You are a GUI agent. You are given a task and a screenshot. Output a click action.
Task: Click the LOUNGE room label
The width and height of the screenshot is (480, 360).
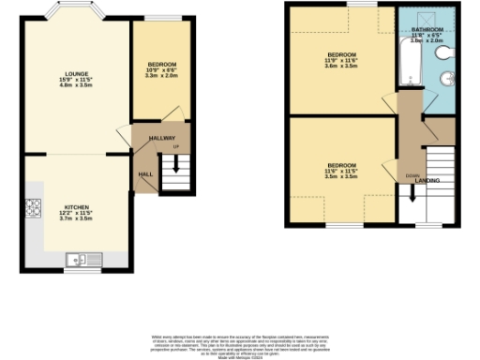[77, 73]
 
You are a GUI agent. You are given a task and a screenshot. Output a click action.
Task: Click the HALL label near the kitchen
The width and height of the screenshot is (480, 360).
[146, 173]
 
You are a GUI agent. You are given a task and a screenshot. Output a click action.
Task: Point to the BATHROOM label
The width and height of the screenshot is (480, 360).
[428, 30]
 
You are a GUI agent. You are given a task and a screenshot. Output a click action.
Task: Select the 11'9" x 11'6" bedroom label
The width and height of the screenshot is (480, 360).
[341, 60]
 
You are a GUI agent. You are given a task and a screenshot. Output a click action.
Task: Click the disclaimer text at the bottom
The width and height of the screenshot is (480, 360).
[240, 342]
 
